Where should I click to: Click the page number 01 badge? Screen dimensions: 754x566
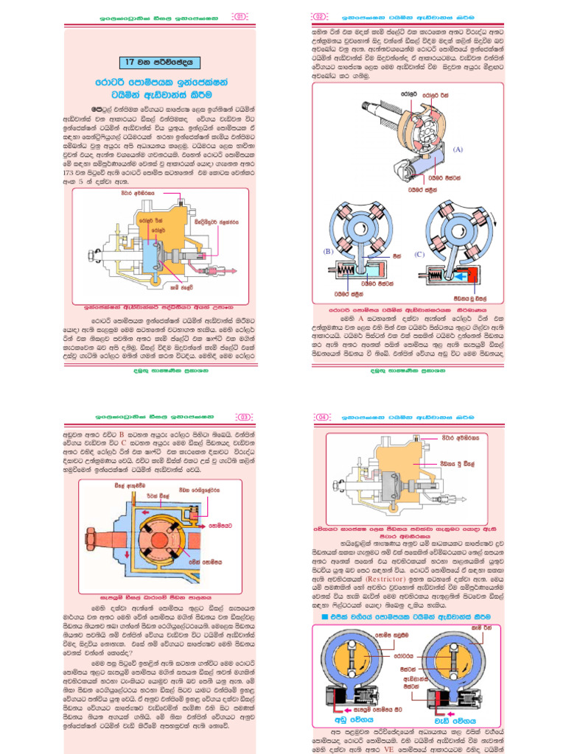(240, 16)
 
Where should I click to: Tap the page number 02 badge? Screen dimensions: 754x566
(320, 16)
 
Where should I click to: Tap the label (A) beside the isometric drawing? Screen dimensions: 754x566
(458, 149)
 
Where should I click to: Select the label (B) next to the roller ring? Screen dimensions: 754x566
(328, 252)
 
